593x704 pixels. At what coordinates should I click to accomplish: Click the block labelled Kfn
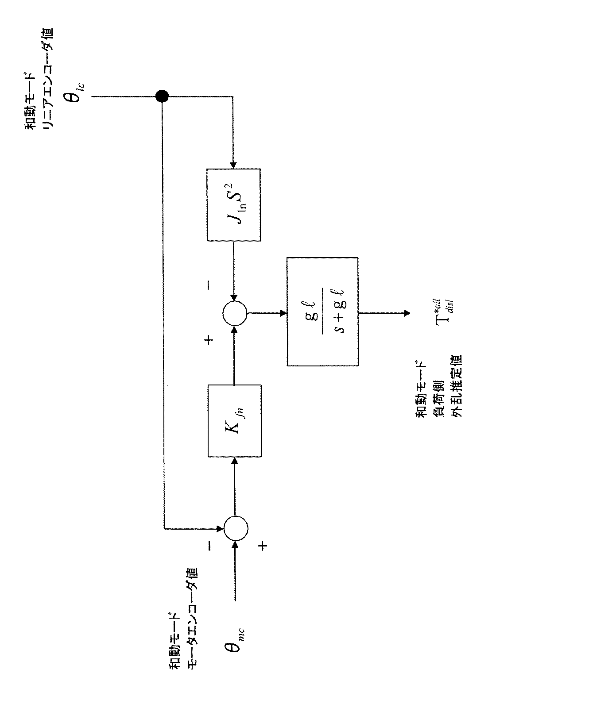coord(235,421)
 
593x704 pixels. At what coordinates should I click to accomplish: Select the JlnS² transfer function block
coord(233,205)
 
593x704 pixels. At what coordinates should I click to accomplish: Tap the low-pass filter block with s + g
coord(323,312)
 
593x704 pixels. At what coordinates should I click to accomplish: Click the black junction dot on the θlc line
coord(162,97)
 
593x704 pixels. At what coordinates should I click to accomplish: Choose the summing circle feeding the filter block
coord(235,313)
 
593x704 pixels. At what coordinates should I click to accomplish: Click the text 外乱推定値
coord(456,386)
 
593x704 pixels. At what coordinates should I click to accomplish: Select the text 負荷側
coord(438,399)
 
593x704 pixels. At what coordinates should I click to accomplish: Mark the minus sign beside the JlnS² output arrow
coord(209,285)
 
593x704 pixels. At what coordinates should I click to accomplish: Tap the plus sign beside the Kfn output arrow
coord(209,339)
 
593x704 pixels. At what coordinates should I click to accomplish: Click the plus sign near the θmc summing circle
coord(263,546)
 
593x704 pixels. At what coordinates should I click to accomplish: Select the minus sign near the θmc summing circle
coord(209,546)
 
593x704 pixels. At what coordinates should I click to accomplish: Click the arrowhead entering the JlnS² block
coord(233,165)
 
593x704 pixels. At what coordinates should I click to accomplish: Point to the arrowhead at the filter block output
coord(407,313)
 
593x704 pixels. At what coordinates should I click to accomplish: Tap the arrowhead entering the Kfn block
coord(235,461)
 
